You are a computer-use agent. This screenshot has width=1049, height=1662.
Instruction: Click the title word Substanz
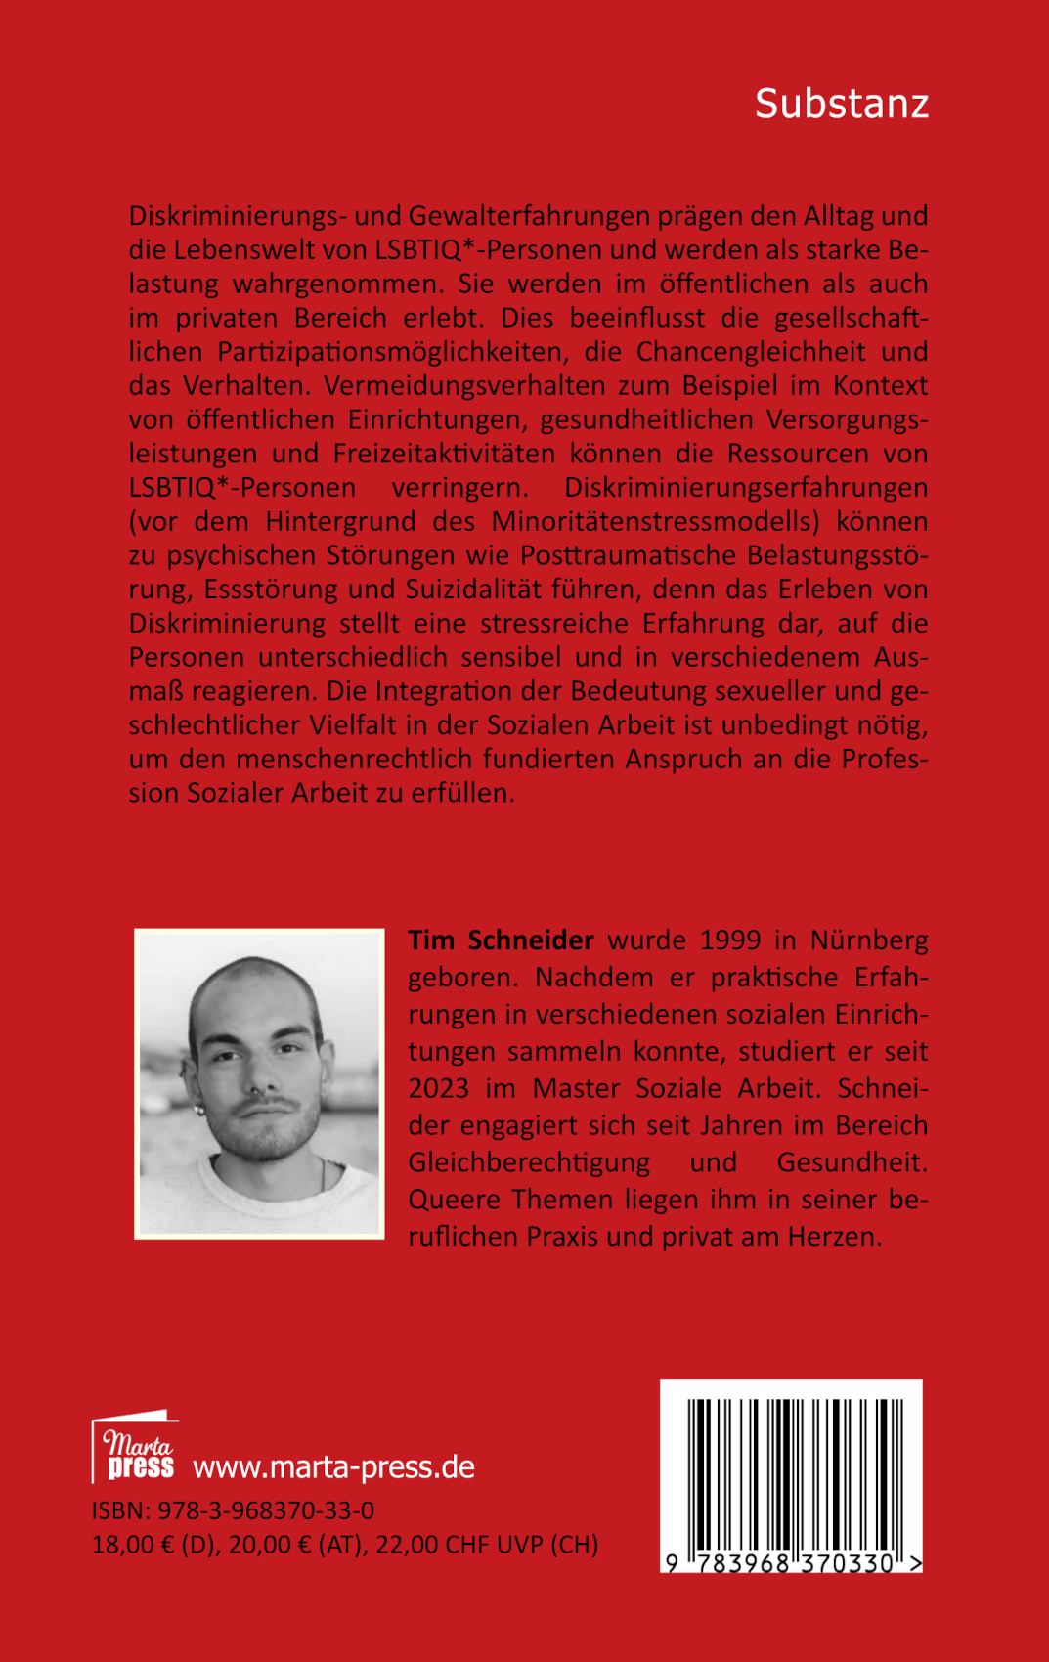click(x=841, y=104)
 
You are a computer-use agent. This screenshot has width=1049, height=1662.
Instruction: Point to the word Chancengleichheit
click(x=751, y=351)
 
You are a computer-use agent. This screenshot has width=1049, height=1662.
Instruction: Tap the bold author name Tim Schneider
click(x=501, y=940)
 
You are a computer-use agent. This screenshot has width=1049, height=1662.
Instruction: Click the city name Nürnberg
click(x=869, y=940)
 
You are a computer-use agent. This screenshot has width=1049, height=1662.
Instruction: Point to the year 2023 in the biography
click(x=439, y=1088)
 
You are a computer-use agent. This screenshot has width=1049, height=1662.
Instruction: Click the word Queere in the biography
click(x=455, y=1200)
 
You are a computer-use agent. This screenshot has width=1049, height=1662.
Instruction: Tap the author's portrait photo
click(x=259, y=1083)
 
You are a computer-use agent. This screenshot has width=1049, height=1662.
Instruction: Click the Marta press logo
click(x=136, y=1446)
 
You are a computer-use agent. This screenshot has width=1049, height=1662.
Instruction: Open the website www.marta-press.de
click(x=333, y=1467)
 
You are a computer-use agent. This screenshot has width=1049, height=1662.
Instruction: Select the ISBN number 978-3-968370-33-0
click(x=265, y=1510)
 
